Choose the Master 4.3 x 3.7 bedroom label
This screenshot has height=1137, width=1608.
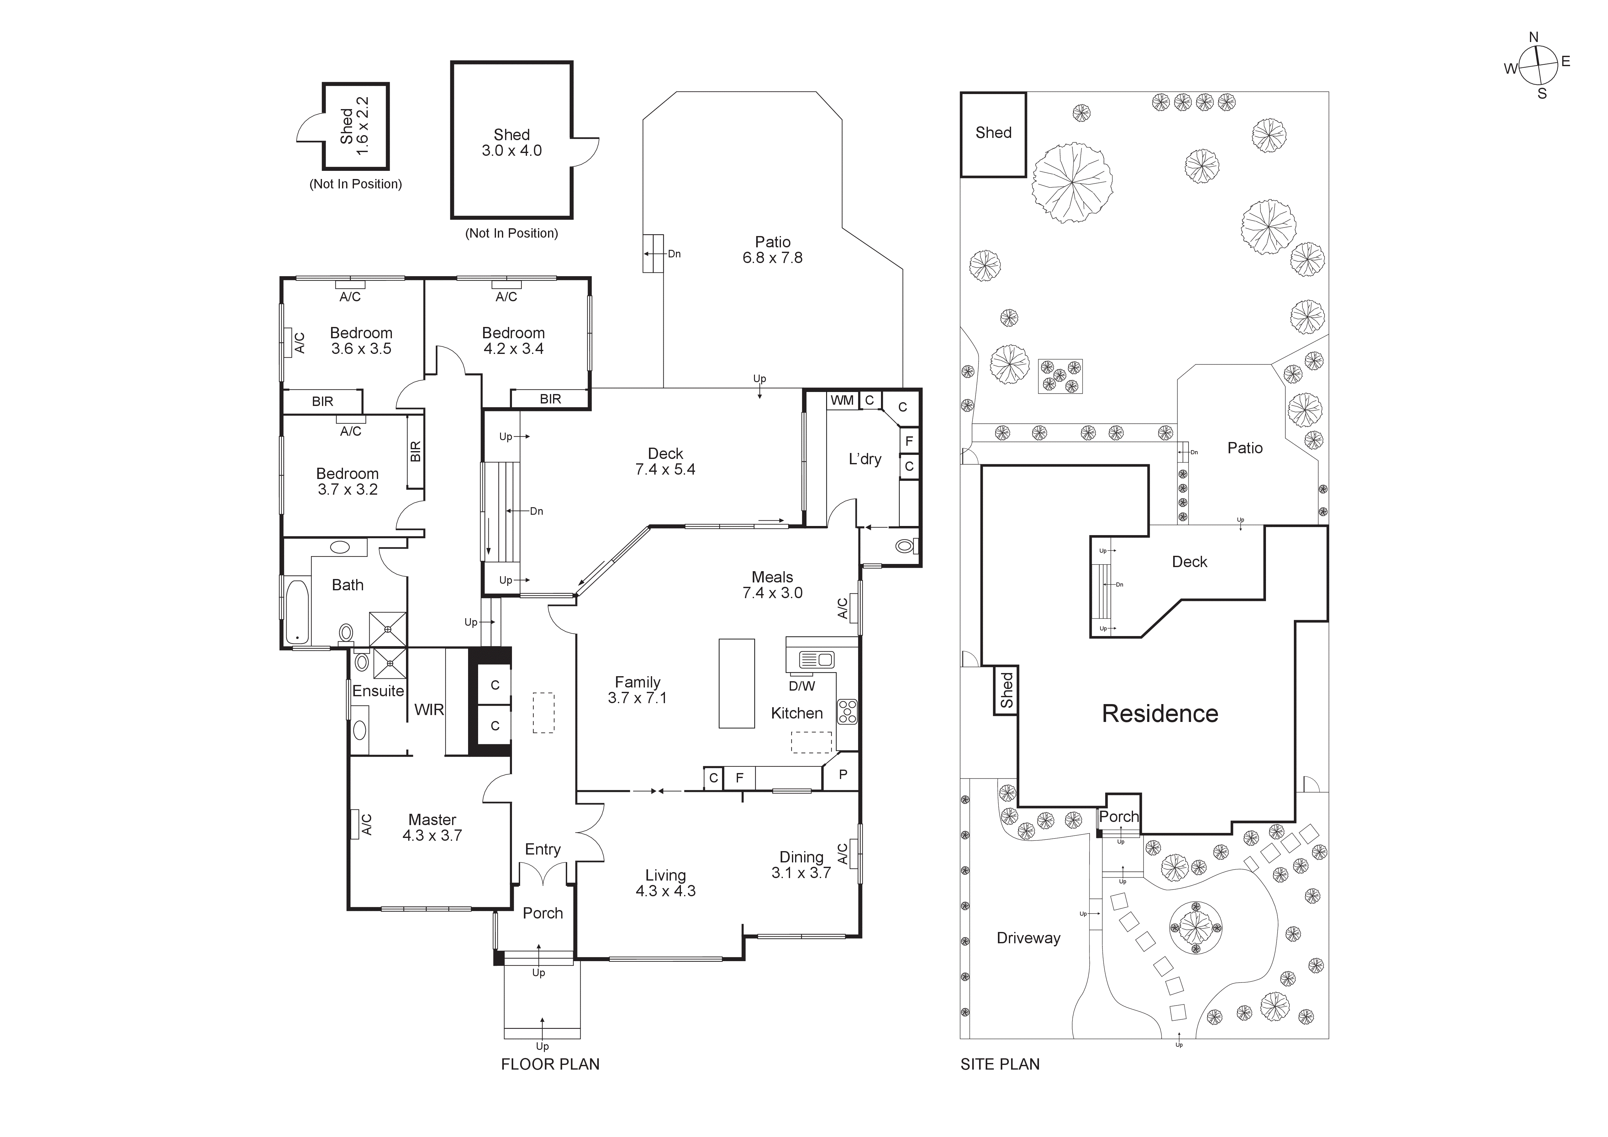pos(432,827)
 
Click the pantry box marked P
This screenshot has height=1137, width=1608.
pos(843,774)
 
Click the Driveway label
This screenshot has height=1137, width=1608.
pos(1028,937)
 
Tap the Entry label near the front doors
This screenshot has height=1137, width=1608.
pos(543,849)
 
